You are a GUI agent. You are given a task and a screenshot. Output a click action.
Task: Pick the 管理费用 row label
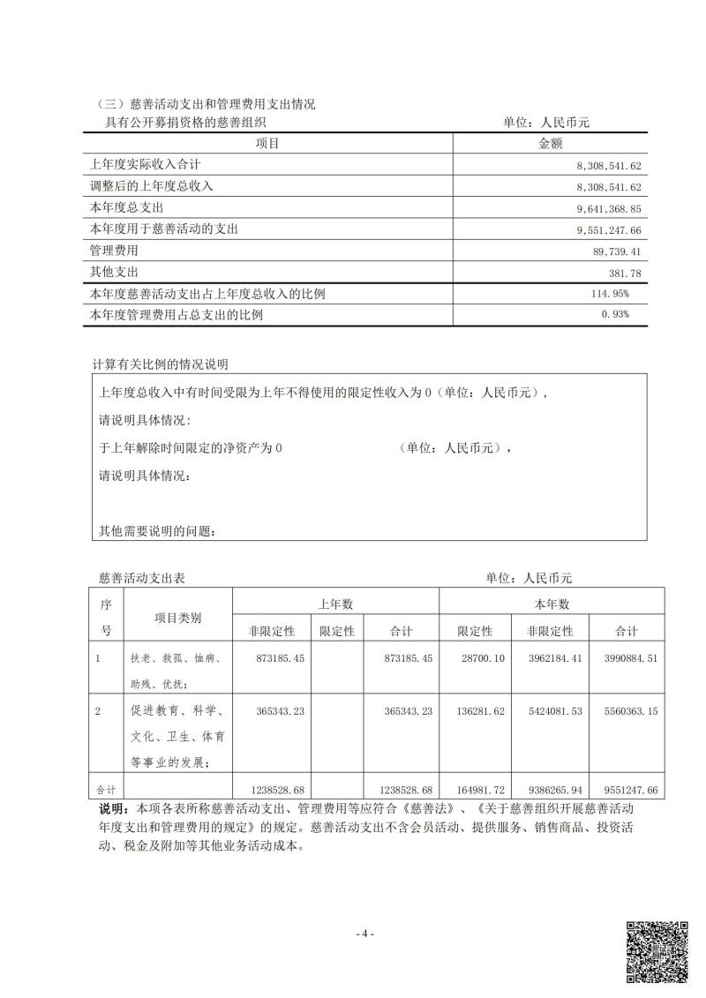115,251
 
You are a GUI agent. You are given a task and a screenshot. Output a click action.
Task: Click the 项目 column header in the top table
267,144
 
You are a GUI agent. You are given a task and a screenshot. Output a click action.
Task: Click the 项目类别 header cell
177,618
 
